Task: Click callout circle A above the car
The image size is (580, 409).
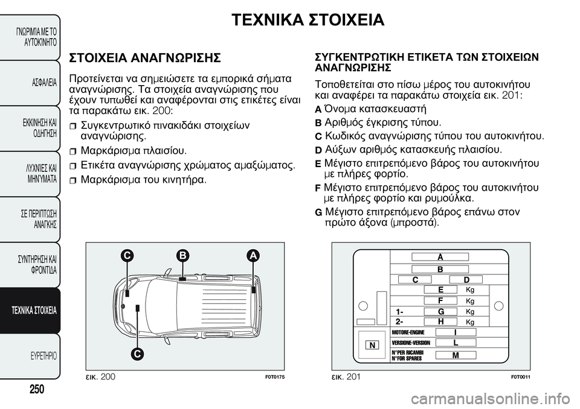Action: pos(253,256)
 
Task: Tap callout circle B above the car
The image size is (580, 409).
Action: pos(181,256)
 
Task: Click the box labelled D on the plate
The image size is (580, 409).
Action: pos(466,279)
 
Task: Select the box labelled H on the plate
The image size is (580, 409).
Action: pos(440,322)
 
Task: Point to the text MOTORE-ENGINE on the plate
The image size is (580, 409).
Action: pos(408,332)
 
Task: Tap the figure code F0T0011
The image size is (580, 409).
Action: pos(520,376)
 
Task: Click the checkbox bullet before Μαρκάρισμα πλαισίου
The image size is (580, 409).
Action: pos(74,150)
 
